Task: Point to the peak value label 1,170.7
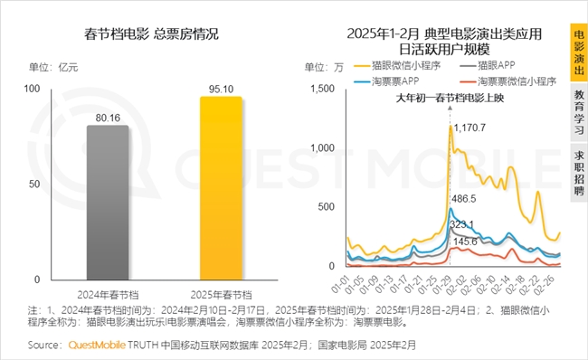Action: [470, 128]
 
